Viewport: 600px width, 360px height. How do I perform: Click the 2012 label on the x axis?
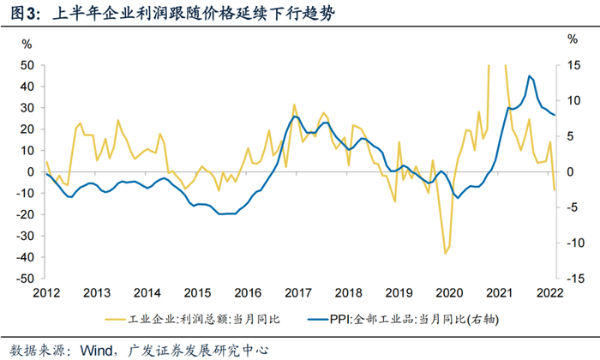(x=46, y=291)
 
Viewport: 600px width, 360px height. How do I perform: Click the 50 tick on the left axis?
(x=26, y=65)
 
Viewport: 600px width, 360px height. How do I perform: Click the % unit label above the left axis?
(x=27, y=43)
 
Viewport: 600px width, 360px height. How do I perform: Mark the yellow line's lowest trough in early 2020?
(x=445, y=254)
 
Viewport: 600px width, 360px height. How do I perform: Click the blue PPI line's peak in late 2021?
(x=530, y=76)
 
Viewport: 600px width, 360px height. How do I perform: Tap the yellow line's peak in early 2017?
(x=294, y=105)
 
